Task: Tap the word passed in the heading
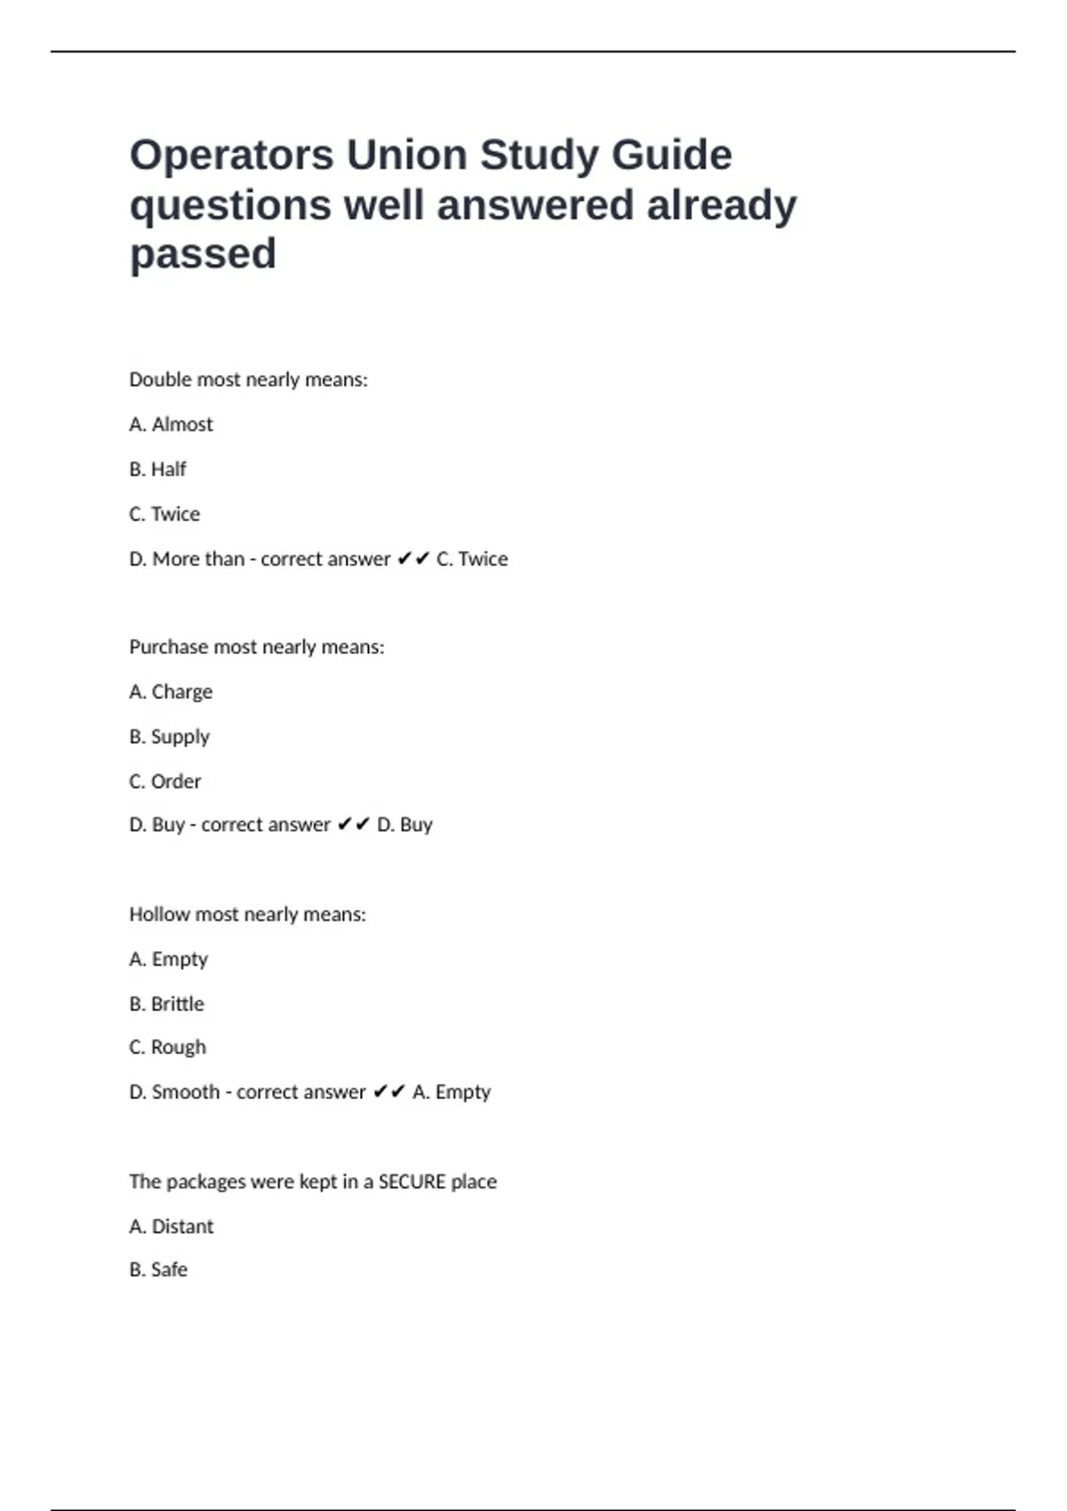pos(203,254)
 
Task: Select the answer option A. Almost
pos(171,425)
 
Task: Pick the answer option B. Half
pos(157,469)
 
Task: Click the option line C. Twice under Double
pos(164,515)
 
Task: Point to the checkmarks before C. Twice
pos(413,559)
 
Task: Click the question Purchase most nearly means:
pos(256,647)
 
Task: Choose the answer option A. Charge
pos(171,692)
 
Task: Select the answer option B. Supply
pos(169,737)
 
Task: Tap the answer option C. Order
pos(164,781)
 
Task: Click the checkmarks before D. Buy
pos(354,825)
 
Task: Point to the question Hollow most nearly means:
pos(247,915)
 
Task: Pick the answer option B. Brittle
pos(166,1003)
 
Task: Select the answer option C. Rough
pos(167,1047)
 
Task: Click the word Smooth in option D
pos(185,1091)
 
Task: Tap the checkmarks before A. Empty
pos(389,1091)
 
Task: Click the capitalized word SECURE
pos(412,1182)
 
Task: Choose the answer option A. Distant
pos(171,1227)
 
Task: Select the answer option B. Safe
pos(158,1270)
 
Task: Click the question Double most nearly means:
pos(248,380)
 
